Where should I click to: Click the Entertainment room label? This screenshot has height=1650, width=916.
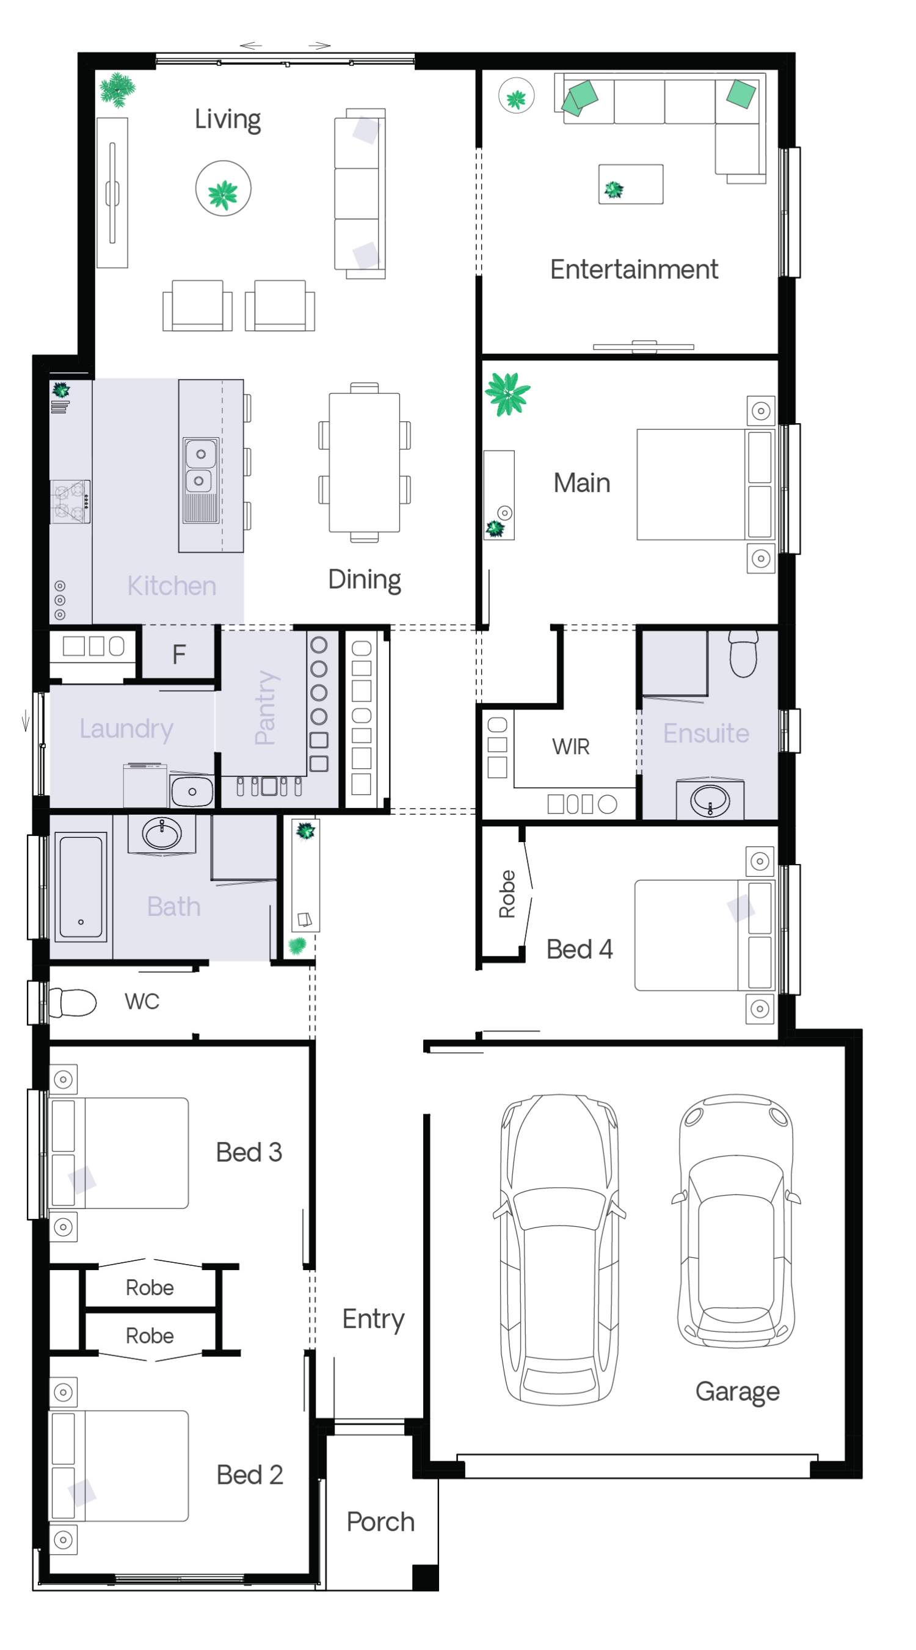click(x=633, y=269)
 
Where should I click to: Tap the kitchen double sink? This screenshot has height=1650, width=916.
click(x=200, y=481)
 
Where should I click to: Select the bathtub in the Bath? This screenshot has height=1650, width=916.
click(x=81, y=887)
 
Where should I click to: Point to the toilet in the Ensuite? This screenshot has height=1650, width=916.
click(x=743, y=653)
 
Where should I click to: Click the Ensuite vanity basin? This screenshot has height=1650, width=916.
click(x=710, y=799)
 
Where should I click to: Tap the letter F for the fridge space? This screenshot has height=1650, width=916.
click(x=179, y=654)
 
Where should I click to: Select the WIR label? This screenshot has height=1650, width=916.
click(x=570, y=746)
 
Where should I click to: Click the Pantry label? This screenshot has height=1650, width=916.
click(x=265, y=707)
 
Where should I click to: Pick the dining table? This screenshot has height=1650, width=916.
click(x=364, y=462)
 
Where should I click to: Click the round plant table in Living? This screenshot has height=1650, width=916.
click(x=223, y=188)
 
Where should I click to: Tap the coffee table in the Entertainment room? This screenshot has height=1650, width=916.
click(x=630, y=184)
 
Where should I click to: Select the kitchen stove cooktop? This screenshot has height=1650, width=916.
click(x=70, y=501)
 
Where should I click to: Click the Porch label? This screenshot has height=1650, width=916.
click(x=380, y=1522)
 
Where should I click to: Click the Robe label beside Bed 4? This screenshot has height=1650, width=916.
click(x=507, y=893)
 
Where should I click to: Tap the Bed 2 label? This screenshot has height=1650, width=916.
click(x=249, y=1475)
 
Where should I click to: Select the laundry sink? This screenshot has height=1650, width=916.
click(x=192, y=791)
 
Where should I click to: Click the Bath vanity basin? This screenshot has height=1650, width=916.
click(x=162, y=834)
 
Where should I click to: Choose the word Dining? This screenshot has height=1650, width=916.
click(x=365, y=580)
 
